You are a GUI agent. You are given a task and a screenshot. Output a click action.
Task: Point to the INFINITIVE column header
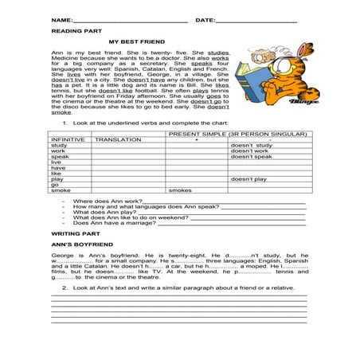68,139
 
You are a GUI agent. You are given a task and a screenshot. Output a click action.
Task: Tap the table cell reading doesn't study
252,146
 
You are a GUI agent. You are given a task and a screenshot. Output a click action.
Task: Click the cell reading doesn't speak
252,157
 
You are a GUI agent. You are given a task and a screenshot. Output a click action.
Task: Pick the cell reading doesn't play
250,179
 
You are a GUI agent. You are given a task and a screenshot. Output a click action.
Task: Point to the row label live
56,162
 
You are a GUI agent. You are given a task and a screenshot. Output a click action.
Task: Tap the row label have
58,168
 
